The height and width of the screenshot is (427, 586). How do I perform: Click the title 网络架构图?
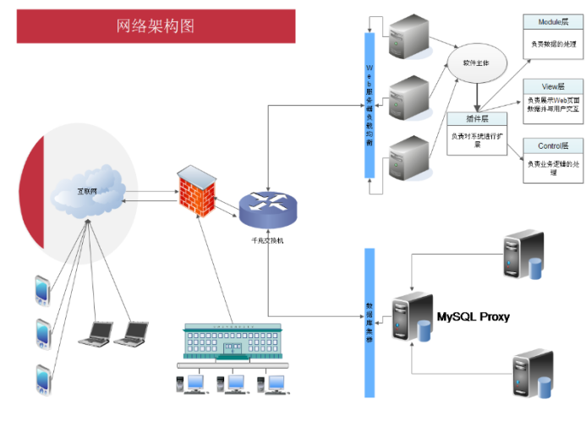(x=156, y=26)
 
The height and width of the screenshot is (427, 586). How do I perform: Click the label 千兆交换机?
(x=266, y=241)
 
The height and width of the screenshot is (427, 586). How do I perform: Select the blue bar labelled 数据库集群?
(x=370, y=321)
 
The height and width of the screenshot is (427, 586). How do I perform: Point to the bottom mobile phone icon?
(x=42, y=379)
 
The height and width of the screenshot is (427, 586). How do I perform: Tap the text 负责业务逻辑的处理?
(x=553, y=167)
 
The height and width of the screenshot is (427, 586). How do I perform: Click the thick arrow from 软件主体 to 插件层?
(x=478, y=94)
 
